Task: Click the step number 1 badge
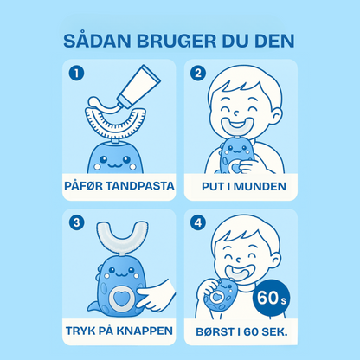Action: click(78, 74)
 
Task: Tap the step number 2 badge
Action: click(198, 74)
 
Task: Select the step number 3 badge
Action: click(78, 222)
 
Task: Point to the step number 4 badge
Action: click(198, 222)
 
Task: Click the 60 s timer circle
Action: click(274, 299)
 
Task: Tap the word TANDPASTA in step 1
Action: click(138, 184)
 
